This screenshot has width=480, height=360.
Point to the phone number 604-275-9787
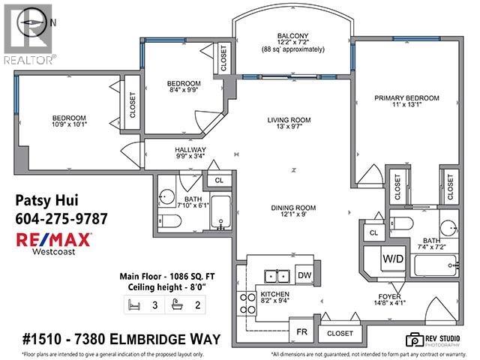pyautogui.click(x=61, y=219)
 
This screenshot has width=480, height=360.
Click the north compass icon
pyautogui.click(x=28, y=22)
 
